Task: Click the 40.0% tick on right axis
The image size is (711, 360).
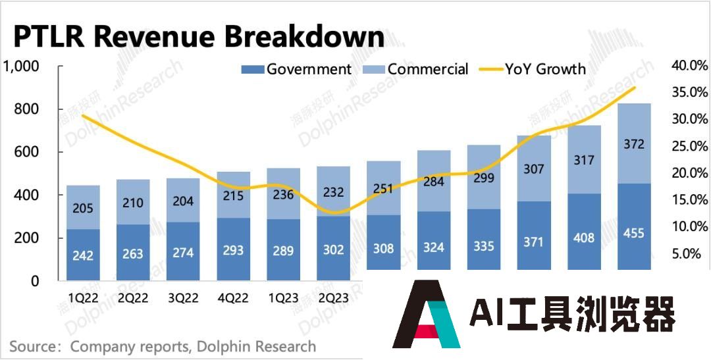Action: coord(689,65)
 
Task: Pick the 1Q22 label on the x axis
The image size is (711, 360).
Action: coord(83,298)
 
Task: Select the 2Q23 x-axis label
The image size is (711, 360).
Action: coord(333,298)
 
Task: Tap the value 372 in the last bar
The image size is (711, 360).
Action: coord(633,144)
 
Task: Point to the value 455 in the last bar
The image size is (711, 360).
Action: coord(633,233)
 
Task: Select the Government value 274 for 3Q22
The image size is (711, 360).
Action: coord(183,252)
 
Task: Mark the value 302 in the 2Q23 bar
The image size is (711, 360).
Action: coord(333,251)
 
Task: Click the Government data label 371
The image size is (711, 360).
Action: coord(533,242)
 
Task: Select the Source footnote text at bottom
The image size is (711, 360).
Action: coord(163,346)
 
